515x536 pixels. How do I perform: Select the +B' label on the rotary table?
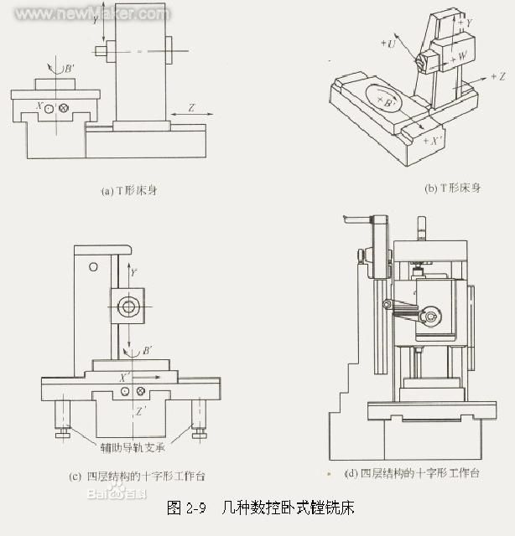(388, 101)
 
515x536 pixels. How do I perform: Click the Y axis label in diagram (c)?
(133, 271)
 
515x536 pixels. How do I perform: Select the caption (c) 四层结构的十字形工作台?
(137, 476)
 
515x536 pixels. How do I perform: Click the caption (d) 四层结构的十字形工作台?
(413, 473)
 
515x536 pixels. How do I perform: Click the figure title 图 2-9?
(186, 508)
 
